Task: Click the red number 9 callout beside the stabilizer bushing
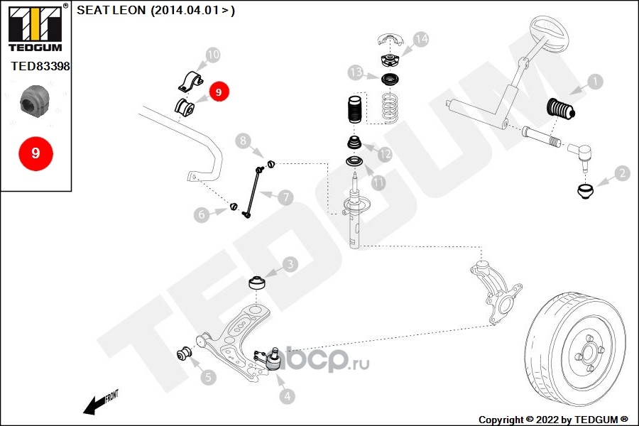[x=219, y=92]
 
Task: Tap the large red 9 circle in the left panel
[x=36, y=153]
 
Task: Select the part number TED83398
[x=40, y=66]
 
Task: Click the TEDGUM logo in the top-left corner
[x=35, y=28]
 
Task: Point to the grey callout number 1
[x=595, y=82]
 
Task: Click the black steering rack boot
[x=560, y=109]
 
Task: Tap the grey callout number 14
[x=420, y=39]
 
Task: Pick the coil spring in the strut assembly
[x=390, y=108]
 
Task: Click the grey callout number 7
[x=285, y=197]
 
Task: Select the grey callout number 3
[x=290, y=264]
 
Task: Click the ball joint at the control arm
[x=273, y=359]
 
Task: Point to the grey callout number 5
[x=208, y=377]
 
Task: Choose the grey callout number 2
[x=622, y=173]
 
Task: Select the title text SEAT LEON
[x=111, y=10]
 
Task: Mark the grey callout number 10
[x=213, y=55]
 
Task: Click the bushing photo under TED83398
[x=35, y=100]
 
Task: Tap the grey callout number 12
[x=385, y=154]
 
